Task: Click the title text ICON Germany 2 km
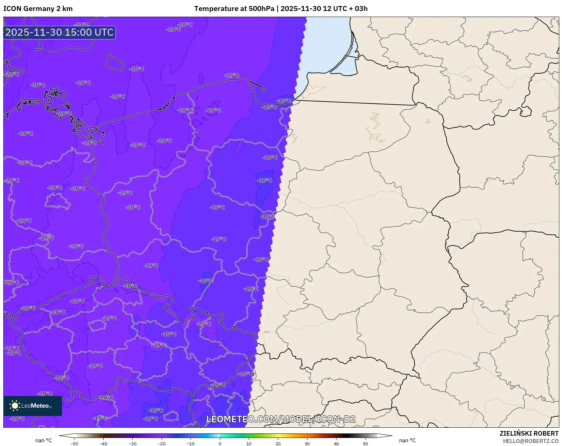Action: (38, 9)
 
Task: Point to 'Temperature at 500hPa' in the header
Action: (234, 9)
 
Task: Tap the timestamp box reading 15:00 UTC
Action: (60, 32)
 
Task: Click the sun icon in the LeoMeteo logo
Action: (15, 406)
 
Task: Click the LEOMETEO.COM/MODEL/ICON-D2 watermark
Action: (281, 419)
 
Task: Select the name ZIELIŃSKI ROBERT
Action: (529, 433)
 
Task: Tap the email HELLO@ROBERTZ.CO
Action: (531, 441)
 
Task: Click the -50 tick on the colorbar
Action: (74, 443)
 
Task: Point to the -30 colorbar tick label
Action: (133, 443)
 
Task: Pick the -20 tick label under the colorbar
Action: (162, 443)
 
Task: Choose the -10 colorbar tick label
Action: (191, 443)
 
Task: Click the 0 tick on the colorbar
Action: (220, 443)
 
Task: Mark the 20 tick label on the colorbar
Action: (278, 443)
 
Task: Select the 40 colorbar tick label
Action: (336, 443)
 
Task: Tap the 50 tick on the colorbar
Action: (365, 443)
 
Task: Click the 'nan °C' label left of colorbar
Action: (44, 440)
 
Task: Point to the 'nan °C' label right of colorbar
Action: (407, 440)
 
